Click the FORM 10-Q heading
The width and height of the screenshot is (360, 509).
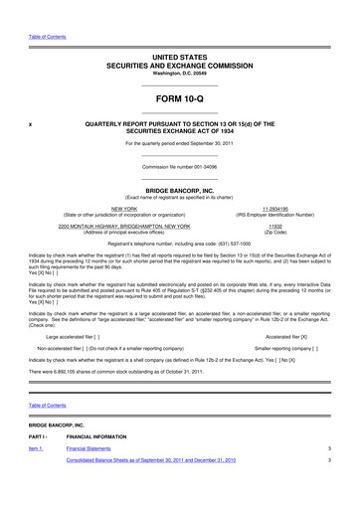[179, 101]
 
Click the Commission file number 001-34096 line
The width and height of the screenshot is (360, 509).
[179, 167]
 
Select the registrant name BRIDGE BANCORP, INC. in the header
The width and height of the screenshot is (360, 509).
[179, 189]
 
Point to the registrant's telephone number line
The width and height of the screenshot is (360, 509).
[179, 244]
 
